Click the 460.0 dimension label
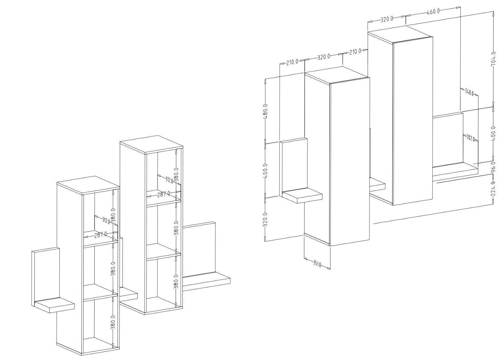[433, 12]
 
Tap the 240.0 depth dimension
[469, 92]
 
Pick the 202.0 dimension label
[470, 138]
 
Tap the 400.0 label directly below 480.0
[265, 171]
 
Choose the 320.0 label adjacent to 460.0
[387, 19]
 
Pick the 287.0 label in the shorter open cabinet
[101, 235]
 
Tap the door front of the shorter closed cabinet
[350, 162]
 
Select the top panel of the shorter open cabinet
[88, 185]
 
